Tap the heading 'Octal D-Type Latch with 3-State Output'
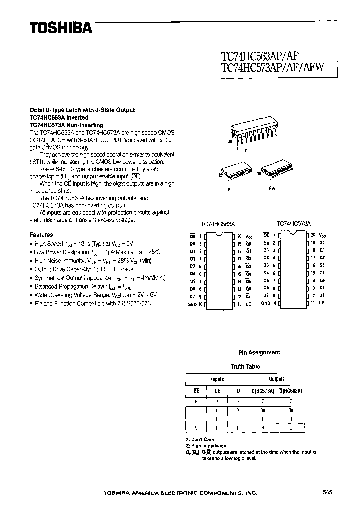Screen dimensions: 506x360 tap(82, 110)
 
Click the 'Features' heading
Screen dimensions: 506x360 tap(41, 234)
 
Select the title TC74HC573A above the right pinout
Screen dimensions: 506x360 tap(294, 224)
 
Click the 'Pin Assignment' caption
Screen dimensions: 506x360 tap(259, 352)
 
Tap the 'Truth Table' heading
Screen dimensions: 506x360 tap(245, 366)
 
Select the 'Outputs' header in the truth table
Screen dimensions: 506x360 tap(276, 379)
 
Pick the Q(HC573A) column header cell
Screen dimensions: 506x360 tap(263, 391)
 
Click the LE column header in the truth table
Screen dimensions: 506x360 tap(217, 391)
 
